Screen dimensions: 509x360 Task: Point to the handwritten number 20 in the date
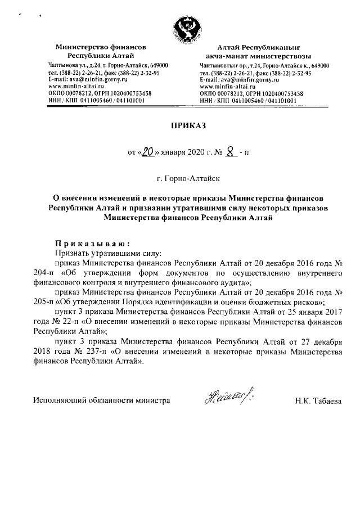[x=148, y=151]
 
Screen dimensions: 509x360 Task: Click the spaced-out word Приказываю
[x=92, y=244]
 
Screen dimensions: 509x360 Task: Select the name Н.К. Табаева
[x=318, y=402]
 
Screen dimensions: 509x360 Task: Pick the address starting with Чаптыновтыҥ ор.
[x=264, y=66]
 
